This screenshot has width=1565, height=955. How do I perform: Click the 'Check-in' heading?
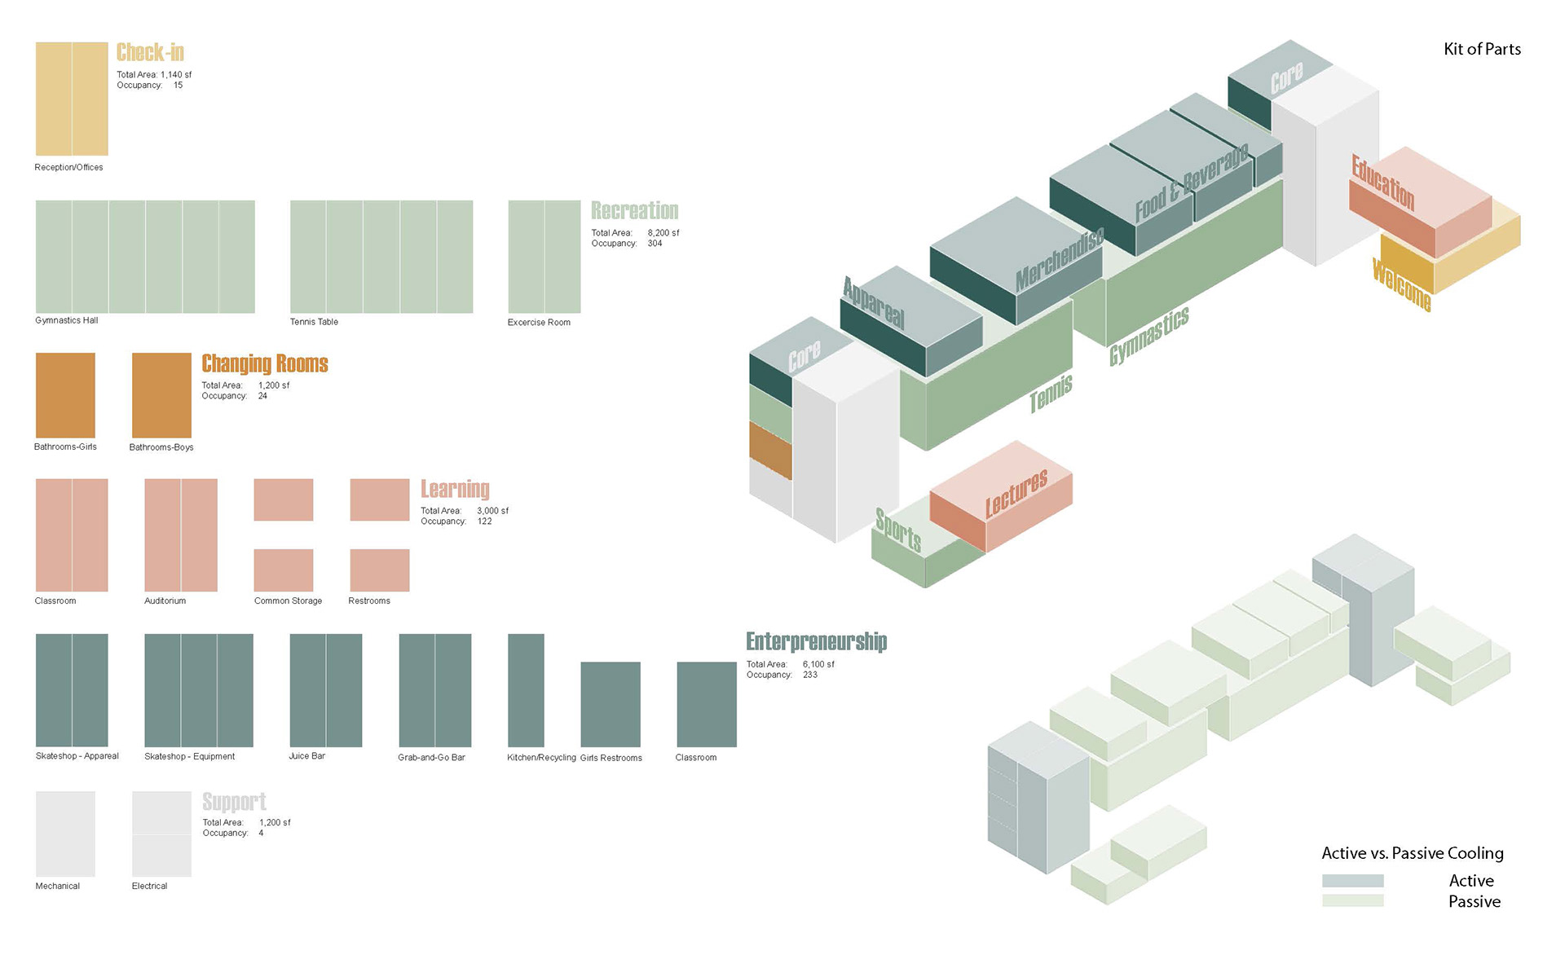150,53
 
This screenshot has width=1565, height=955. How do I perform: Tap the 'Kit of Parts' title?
1482,50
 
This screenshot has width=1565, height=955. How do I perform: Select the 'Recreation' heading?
634,211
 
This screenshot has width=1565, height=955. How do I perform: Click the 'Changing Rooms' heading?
265,363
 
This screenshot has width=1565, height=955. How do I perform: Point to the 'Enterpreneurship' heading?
816,642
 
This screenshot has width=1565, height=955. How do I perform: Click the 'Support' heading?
234,802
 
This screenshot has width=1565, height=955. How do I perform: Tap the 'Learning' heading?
455,489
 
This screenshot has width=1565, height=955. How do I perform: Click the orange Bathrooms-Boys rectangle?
161,395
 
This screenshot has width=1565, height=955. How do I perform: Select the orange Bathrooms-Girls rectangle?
65,395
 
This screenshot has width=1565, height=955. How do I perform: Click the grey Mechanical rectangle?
65,834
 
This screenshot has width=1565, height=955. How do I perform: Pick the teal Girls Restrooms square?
610,704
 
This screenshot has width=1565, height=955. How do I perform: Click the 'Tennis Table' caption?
314,322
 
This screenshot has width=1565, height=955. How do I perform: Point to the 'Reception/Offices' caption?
68,168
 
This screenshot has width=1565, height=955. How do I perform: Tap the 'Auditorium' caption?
165,601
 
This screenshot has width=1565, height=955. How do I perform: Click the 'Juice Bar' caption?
306,756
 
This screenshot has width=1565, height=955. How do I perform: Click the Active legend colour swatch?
1352,881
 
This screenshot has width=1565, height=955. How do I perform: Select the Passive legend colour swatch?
1352,900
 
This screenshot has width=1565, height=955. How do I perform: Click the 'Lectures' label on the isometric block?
1016,494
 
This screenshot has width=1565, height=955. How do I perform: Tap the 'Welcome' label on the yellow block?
1401,284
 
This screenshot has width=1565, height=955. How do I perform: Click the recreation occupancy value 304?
655,244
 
